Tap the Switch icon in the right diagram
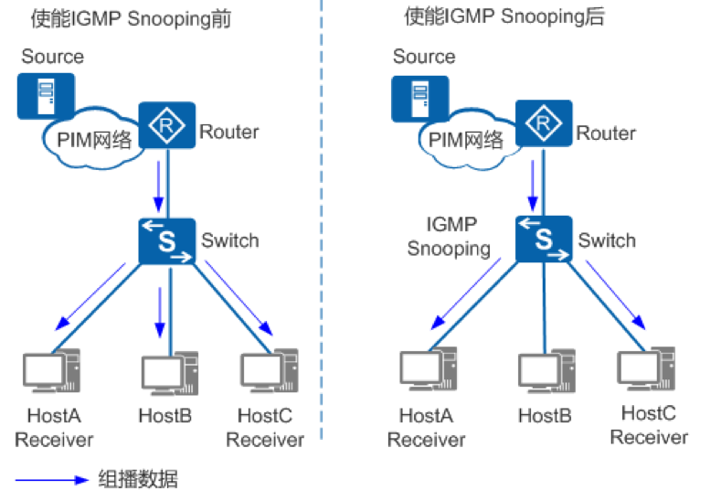[545, 240]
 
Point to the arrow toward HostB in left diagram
[160, 311]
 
